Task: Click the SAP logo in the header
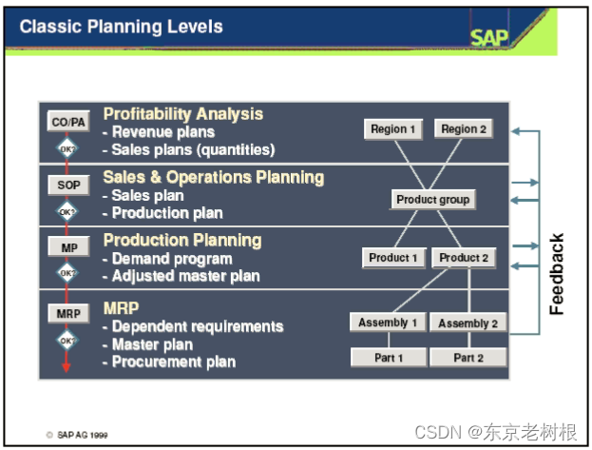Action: click(x=489, y=37)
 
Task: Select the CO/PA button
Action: click(x=67, y=122)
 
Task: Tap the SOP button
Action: click(x=67, y=186)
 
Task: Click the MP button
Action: click(x=67, y=246)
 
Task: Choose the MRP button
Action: click(x=67, y=312)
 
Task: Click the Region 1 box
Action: click(x=393, y=129)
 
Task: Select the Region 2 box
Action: click(x=464, y=129)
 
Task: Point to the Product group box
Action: click(x=432, y=200)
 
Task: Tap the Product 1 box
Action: click(x=393, y=258)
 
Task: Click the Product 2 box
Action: click(x=464, y=258)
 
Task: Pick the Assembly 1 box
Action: click(x=388, y=323)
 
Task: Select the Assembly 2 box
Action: click(x=468, y=323)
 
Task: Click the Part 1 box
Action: click(x=388, y=358)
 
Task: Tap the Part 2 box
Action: click(x=468, y=358)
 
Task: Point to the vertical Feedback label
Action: click(x=558, y=274)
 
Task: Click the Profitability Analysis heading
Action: click(x=182, y=114)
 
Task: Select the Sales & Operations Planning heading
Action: click(x=213, y=177)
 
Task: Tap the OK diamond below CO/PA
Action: click(x=67, y=148)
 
